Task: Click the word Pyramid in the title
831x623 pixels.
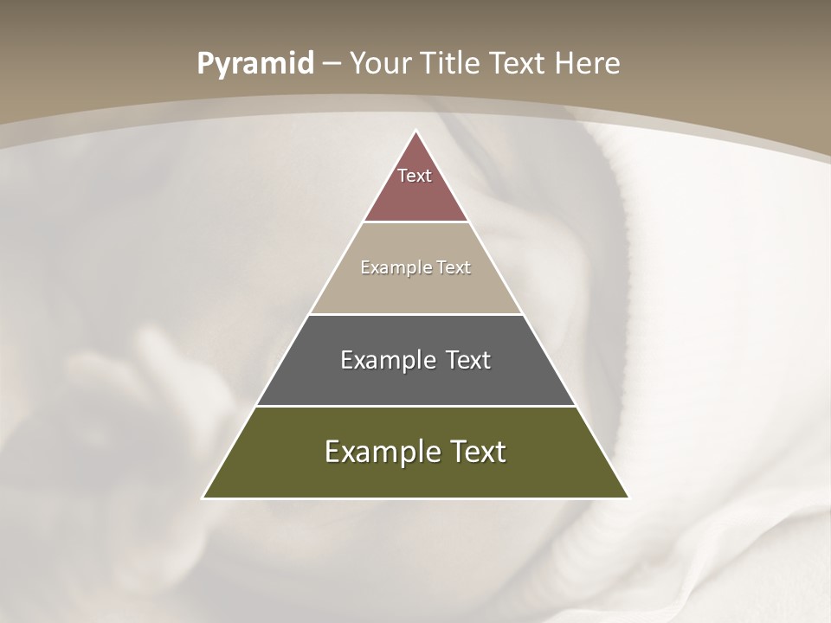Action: point(255,64)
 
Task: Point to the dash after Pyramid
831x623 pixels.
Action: point(332,64)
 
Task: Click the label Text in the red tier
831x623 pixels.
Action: point(415,176)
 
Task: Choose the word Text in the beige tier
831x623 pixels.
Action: point(454,267)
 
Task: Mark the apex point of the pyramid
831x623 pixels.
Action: point(415,132)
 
